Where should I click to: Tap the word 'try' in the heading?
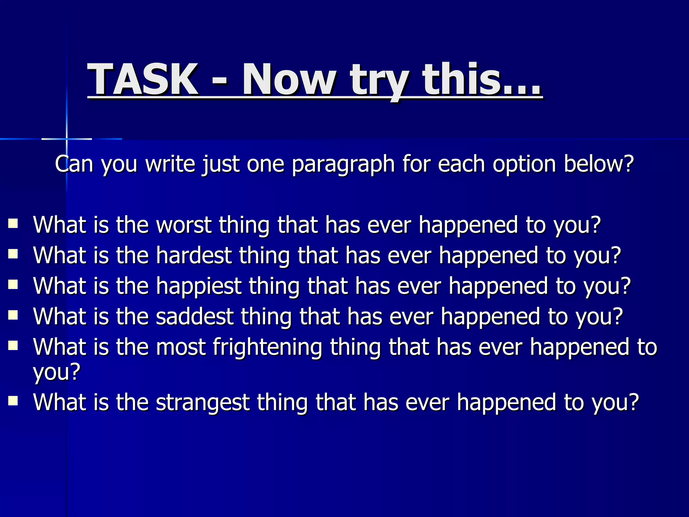[x=379, y=81]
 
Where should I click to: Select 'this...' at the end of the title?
[x=482, y=80]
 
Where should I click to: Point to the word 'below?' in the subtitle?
[x=599, y=164]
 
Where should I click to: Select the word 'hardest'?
[x=194, y=255]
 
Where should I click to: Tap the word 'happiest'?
[x=198, y=286]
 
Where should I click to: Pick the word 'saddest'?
[x=194, y=317]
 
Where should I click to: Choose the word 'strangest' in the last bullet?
[x=203, y=402]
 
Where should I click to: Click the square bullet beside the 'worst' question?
[x=13, y=223]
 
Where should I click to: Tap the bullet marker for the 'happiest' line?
[x=13, y=285]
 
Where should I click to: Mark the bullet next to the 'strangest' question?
[x=13, y=401]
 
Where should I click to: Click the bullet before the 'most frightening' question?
[x=13, y=346]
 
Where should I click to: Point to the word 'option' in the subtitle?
[x=524, y=164]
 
